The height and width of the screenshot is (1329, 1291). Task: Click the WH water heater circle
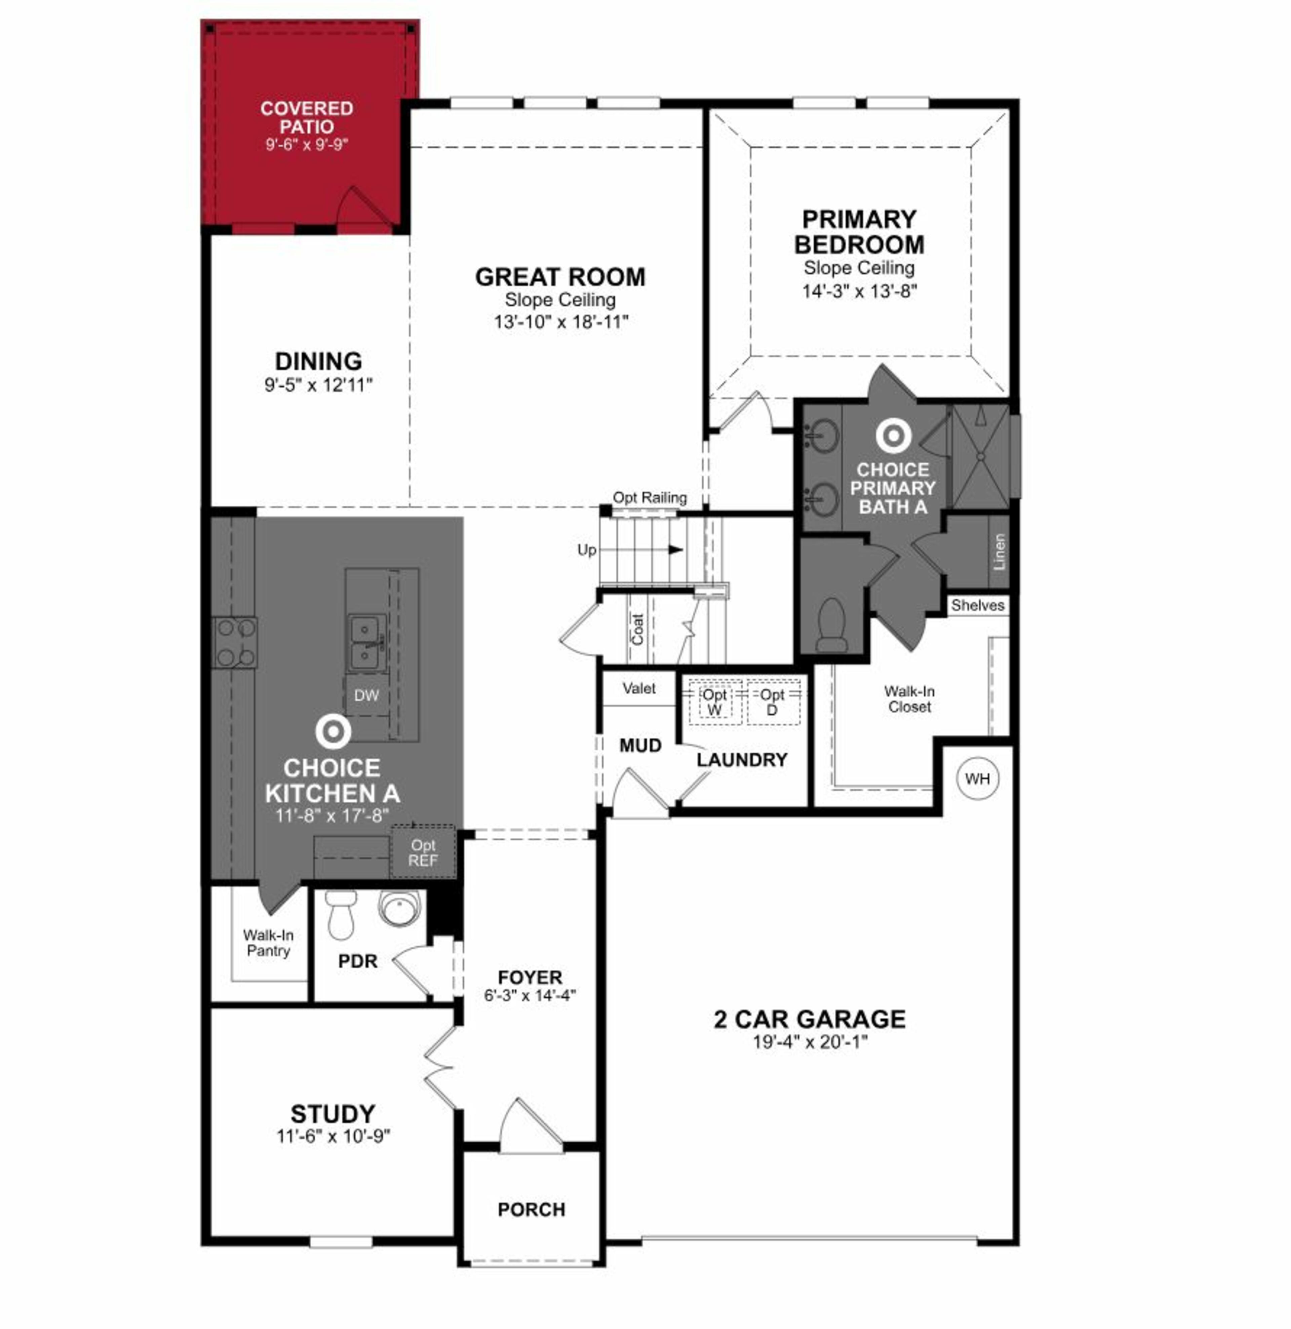click(x=977, y=779)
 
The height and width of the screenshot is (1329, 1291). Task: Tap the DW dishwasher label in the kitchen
click(x=366, y=695)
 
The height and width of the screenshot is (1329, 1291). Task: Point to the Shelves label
click(x=977, y=605)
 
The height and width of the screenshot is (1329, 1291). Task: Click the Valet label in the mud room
click(x=639, y=688)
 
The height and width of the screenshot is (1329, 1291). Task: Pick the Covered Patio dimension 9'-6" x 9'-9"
click(x=307, y=144)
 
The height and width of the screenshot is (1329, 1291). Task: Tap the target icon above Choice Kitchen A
click(x=333, y=732)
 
